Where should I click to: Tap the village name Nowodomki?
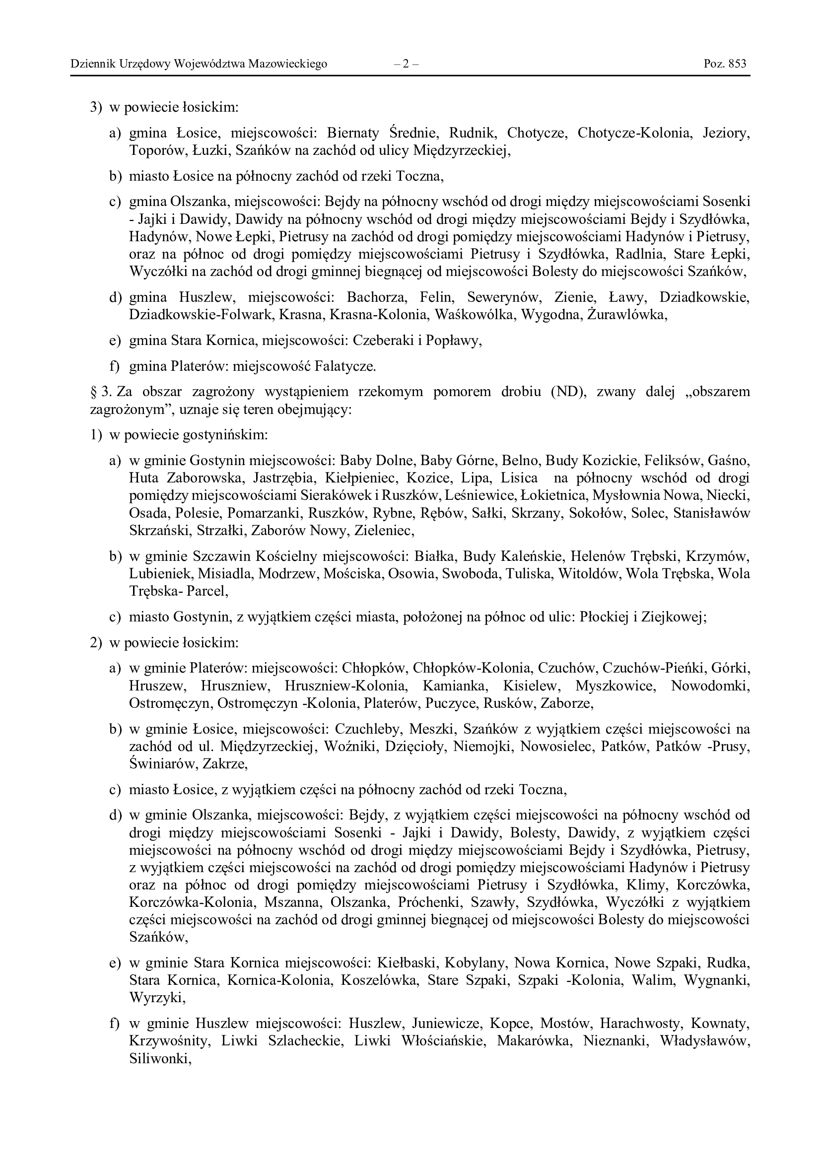pyautogui.click(x=710, y=686)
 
